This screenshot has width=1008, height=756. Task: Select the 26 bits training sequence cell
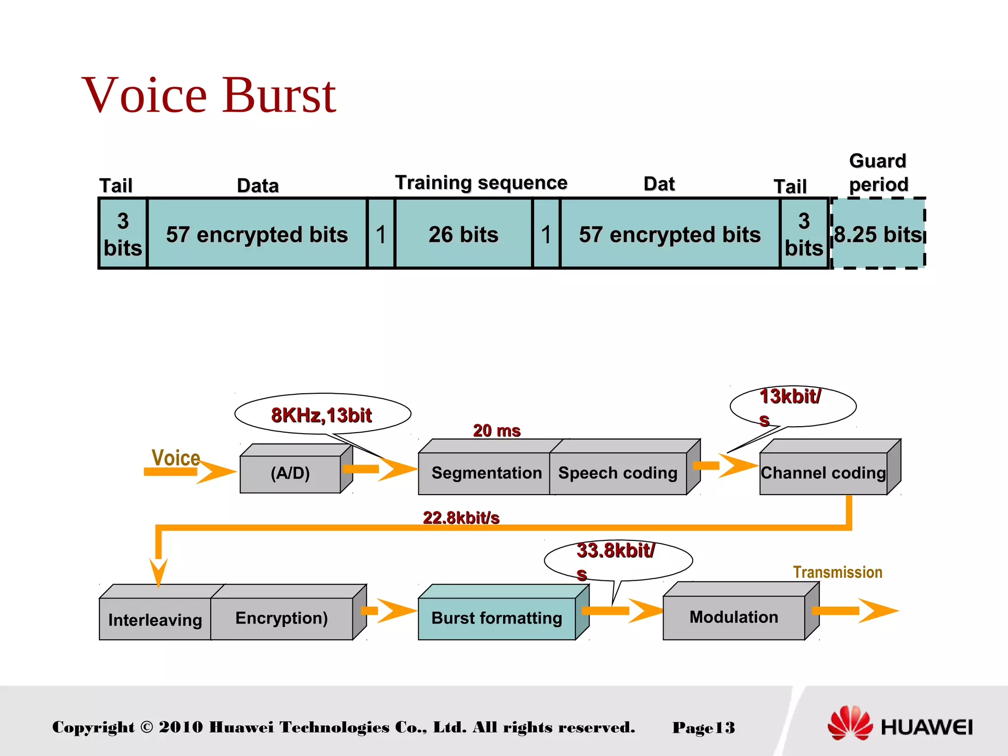463,234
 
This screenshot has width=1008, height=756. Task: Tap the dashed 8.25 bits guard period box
878,234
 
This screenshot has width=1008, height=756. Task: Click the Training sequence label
481,183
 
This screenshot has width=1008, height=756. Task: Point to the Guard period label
878,173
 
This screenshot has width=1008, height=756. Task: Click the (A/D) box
290,473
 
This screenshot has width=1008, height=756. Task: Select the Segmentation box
486,473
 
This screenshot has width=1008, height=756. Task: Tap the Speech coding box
618,473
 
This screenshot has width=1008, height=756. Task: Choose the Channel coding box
823,473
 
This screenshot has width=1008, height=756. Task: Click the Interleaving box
155,620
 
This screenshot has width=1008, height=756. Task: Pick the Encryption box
282,618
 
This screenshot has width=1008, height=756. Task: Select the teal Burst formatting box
497,618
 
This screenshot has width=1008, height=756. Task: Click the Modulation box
733,617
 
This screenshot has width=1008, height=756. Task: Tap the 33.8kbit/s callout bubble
618,560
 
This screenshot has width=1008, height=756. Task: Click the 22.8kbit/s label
461,518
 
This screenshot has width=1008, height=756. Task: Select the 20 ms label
497,431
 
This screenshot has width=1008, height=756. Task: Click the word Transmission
837,572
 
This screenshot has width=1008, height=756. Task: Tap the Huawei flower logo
849,723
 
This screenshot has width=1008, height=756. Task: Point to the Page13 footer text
703,727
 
